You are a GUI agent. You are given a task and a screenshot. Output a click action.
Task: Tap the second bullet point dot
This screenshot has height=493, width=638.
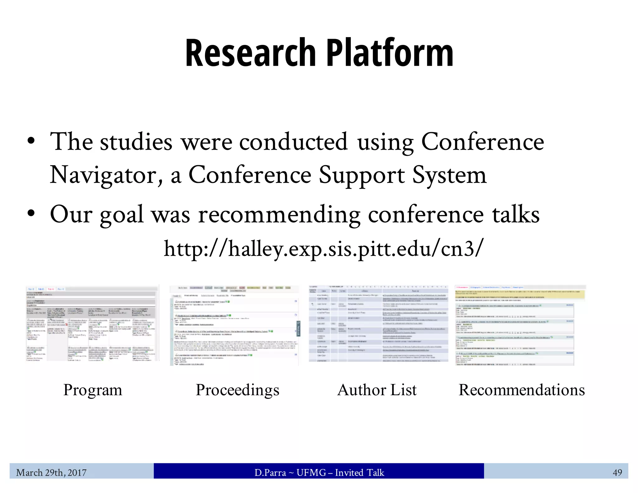coord(31,213)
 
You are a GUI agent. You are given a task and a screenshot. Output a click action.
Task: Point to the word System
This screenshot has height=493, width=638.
coord(449,175)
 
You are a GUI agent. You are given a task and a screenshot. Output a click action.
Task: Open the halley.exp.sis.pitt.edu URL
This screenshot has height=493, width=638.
coord(324,249)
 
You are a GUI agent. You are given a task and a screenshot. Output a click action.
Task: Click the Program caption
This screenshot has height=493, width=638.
coord(93,390)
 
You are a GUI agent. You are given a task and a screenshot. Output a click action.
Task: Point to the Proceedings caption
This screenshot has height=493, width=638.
coord(237,390)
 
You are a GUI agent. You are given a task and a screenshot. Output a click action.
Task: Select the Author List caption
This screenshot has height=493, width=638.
coord(377,390)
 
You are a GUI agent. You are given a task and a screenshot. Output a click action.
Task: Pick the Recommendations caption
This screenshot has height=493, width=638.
coord(522,390)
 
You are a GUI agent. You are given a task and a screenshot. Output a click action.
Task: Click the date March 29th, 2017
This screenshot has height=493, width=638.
coord(51,473)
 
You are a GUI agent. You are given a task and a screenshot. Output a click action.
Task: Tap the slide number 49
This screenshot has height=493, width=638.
coord(617,473)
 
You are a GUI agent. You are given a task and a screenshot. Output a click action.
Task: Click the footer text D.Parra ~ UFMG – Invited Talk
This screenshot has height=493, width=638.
coord(319,473)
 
